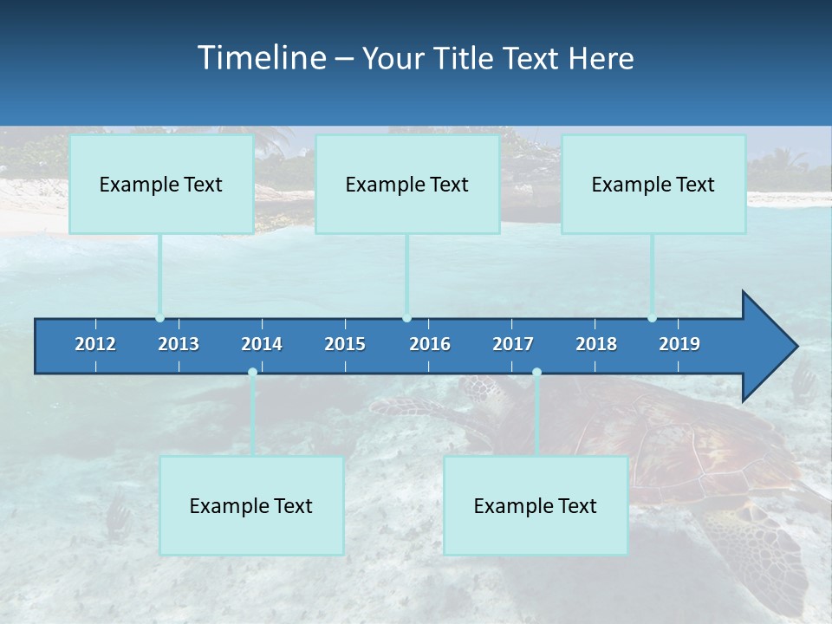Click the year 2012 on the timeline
pos(95,344)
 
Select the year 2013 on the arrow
pos(179,344)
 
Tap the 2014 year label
pos(262,344)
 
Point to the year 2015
pos(345,344)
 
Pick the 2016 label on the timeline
pos(430,344)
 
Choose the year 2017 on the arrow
pos(513,344)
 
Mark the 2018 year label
pos(596,344)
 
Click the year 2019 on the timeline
pos(679,344)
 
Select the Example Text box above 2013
pos(161,185)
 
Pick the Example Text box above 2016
pos(407,185)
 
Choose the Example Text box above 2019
pos(653,185)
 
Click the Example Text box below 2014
pos(251,506)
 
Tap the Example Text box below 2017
pos(536,506)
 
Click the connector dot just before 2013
pos(160,318)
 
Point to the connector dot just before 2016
pos(407,318)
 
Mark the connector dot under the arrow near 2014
pos(252,373)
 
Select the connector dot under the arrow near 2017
pos(536,373)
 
